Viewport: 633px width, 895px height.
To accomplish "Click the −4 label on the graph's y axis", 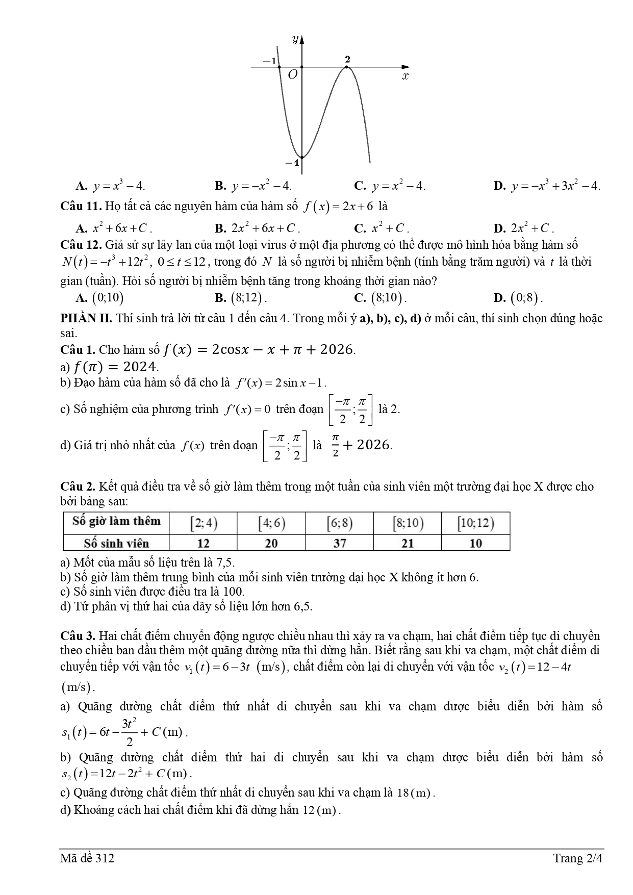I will coord(292,163).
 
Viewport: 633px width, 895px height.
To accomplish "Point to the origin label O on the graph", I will coord(292,75).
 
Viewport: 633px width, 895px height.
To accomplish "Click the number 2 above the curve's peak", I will coord(347,59).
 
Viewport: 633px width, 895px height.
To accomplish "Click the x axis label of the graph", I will coord(406,76).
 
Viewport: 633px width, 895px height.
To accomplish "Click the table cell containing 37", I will coord(340,543).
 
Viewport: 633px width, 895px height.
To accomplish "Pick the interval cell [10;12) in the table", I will coord(475,523).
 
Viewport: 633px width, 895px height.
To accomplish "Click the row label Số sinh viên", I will coord(116,543).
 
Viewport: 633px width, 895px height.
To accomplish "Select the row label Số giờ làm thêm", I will coord(116,521).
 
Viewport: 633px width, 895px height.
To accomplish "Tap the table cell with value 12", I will coord(203,543).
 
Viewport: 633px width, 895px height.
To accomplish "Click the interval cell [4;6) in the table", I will coord(271,523).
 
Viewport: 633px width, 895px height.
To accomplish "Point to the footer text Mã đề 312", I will coord(87,858).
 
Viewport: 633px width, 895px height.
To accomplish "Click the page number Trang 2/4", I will coord(577,858).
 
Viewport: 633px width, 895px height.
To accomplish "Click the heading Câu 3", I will coord(78,636).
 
